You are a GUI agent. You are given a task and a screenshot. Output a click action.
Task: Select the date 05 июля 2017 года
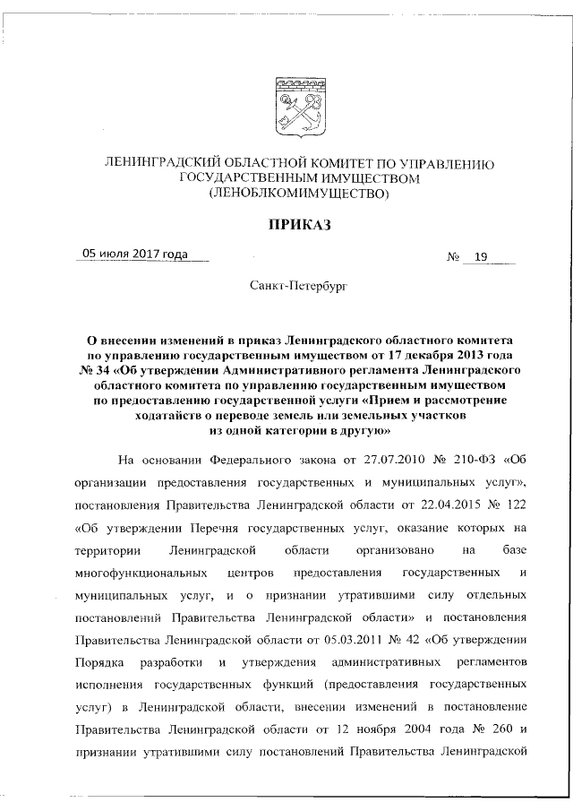coord(135,255)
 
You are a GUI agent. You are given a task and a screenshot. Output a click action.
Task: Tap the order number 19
coord(481,257)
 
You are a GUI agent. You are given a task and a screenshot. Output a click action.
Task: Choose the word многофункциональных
coord(135,572)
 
